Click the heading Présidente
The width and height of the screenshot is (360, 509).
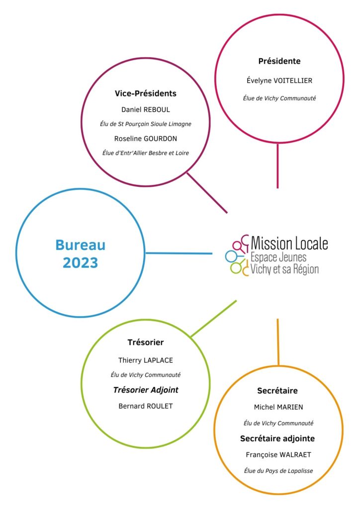pos(279,61)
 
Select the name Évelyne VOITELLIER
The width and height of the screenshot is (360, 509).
pos(279,81)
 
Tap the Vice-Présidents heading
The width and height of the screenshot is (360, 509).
pos(145,93)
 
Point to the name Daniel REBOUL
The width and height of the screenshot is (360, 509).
pos(145,110)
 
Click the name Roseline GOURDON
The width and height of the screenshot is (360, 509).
pos(145,139)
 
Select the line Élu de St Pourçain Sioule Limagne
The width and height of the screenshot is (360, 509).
pos(145,124)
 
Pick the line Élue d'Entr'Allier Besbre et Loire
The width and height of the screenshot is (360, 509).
pos(145,153)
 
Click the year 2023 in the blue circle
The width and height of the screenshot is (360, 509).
pos(80,262)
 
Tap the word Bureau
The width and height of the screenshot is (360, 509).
pos(80,245)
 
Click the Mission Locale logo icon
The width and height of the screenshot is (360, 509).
pos(237,255)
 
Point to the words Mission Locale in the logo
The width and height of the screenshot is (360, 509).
pos(289,243)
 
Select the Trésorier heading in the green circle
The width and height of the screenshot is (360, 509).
pos(145,342)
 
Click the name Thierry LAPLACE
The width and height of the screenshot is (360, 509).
pos(145,360)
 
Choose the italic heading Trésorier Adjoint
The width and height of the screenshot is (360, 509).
pos(145,390)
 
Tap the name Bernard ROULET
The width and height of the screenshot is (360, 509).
pos(145,406)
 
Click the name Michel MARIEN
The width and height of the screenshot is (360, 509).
pos(278,407)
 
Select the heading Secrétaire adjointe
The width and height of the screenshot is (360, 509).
pos(277,438)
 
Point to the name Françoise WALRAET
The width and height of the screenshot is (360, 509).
pos(278,455)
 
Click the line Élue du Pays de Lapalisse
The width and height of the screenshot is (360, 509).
pos(278,471)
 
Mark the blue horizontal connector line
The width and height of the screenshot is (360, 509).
pos(179,253)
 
